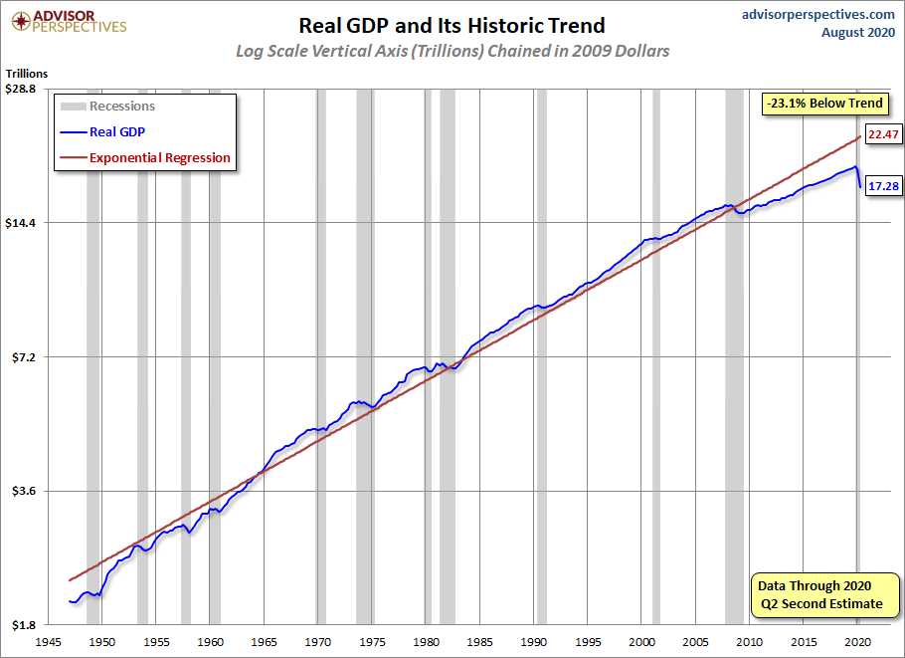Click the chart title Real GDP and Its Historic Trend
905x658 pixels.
(x=452, y=26)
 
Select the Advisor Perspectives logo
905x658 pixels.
(x=69, y=22)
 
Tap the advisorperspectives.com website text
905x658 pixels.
(x=817, y=15)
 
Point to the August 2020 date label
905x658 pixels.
(x=857, y=32)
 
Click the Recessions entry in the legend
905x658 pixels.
(x=108, y=107)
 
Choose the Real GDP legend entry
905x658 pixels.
(x=102, y=132)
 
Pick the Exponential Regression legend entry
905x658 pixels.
(x=145, y=157)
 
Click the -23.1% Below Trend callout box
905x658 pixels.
(x=824, y=104)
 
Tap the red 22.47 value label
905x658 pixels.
(x=883, y=134)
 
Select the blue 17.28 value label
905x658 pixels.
(x=883, y=186)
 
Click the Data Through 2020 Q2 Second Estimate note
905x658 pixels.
(x=824, y=595)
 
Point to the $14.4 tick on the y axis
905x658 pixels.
(x=20, y=223)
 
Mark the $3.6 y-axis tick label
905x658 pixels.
(x=23, y=491)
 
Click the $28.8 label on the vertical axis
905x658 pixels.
(x=20, y=89)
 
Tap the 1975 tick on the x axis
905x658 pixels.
(x=372, y=642)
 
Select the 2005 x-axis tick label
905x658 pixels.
(x=695, y=642)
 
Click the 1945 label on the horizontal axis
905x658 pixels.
(x=48, y=642)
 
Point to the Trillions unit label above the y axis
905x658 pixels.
(x=27, y=74)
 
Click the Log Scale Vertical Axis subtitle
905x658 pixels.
(x=452, y=51)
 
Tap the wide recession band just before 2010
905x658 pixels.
(x=734, y=357)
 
